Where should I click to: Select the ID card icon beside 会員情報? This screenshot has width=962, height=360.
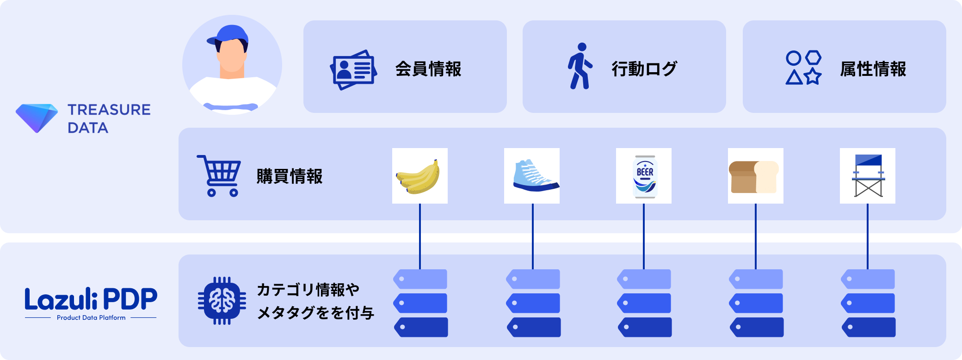353,69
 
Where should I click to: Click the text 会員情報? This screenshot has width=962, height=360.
428,69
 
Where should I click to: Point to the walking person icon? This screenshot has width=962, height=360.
580,66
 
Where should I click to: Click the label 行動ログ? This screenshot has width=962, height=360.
644,69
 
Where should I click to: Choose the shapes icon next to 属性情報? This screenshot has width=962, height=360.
803,68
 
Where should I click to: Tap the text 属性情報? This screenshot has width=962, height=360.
873,69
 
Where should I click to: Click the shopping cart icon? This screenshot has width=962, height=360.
219,176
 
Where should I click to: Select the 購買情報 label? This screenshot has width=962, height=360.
290,176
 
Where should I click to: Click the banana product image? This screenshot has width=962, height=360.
419,176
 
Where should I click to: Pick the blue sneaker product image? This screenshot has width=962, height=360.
532,176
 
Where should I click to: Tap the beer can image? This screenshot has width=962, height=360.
644,176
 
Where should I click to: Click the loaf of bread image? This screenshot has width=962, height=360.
755,176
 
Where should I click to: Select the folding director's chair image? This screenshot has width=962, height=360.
868,176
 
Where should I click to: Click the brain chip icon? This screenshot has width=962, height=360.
222,301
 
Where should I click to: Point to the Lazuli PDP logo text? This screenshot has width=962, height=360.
91,299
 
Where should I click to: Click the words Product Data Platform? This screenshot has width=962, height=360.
91,318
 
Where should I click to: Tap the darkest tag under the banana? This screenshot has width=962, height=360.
421,327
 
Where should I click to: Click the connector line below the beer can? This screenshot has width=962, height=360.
644,236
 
